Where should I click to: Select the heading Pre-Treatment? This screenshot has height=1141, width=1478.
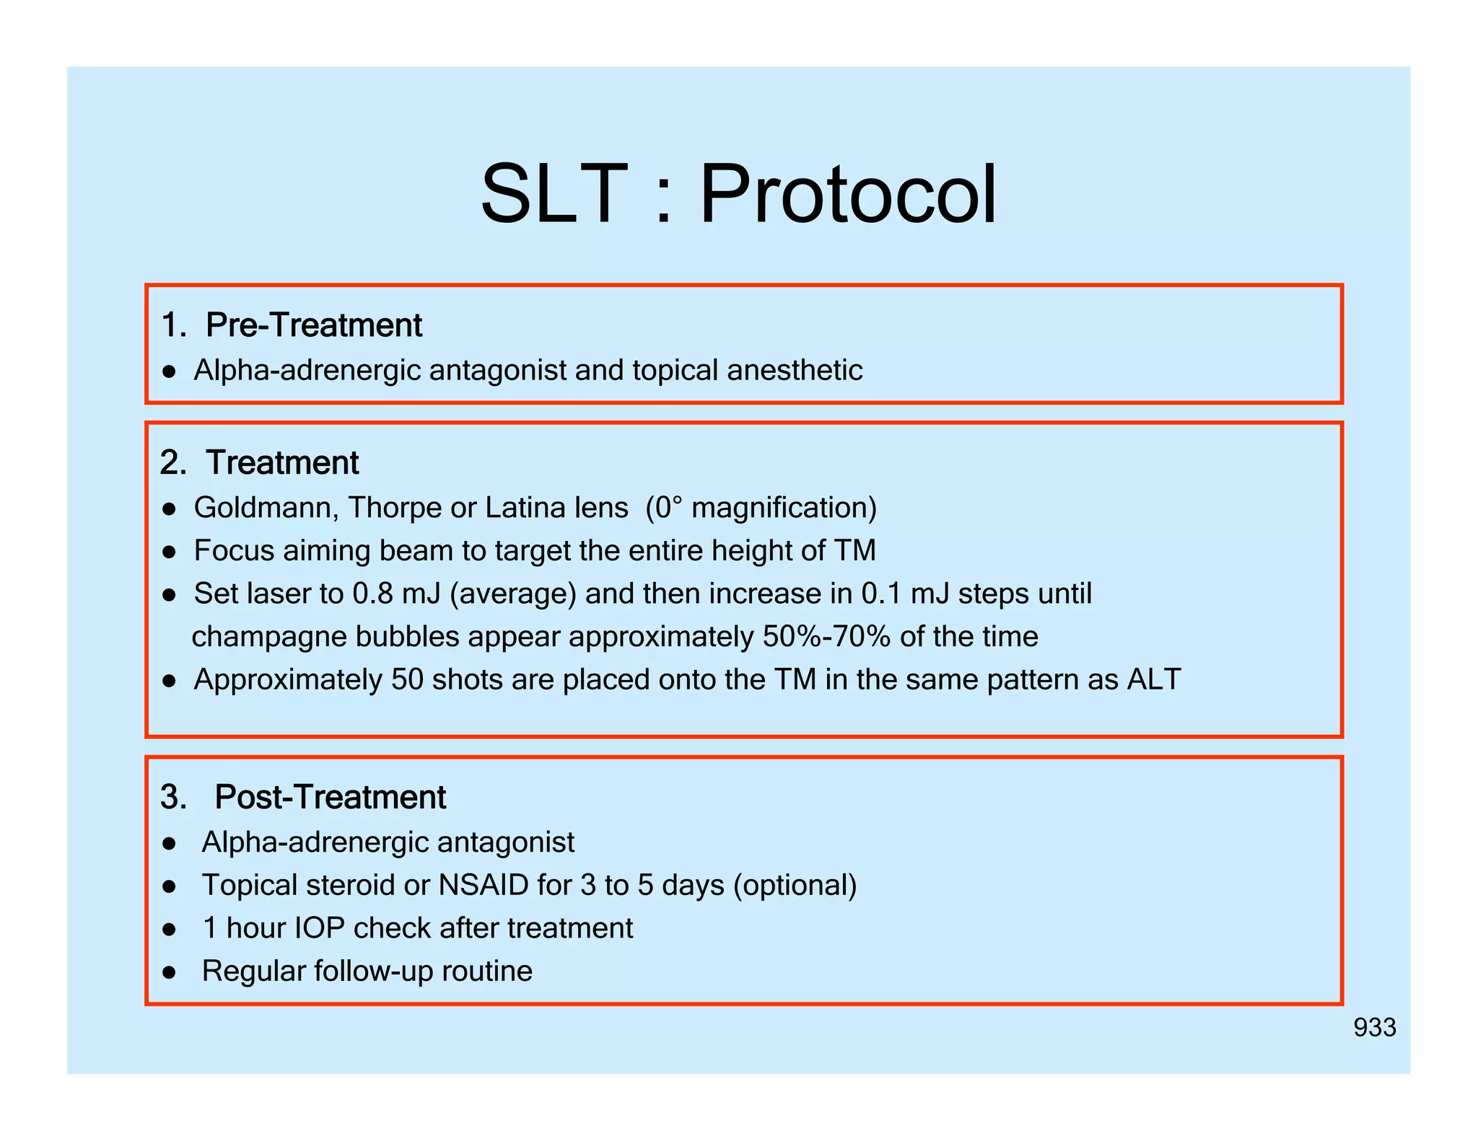pyautogui.click(x=313, y=325)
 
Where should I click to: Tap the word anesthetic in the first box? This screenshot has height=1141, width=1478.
pyautogui.click(x=795, y=371)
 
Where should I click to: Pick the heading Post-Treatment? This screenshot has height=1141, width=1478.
pyautogui.click(x=330, y=798)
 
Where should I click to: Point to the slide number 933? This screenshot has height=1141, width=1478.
pyautogui.click(x=1374, y=1028)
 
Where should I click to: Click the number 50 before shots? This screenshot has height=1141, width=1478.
pyautogui.click(x=407, y=680)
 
